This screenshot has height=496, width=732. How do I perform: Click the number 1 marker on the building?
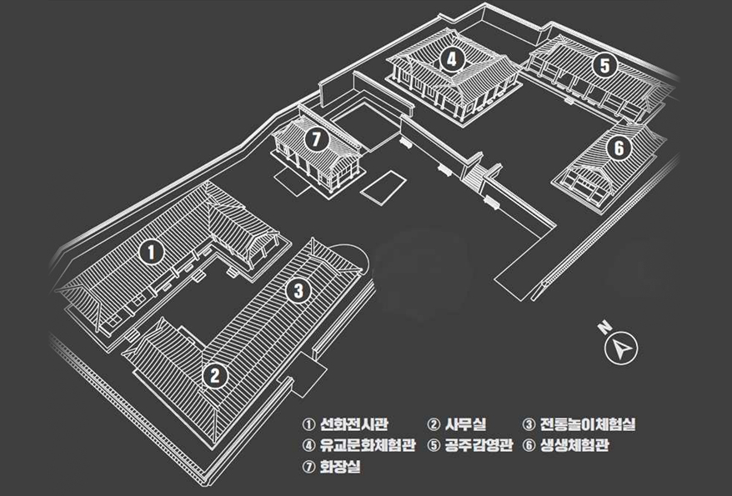tap(150, 250)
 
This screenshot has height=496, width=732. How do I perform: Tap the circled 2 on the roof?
tap(214, 375)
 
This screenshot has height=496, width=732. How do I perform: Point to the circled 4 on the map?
tap(451, 58)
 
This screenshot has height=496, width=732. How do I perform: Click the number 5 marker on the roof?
tap(605, 64)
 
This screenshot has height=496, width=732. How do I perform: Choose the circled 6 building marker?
tap(617, 148)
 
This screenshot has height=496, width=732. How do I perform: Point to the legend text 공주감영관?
tap(479, 445)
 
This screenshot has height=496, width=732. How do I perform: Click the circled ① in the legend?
tap(308, 425)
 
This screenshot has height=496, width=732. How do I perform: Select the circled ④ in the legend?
tap(308, 445)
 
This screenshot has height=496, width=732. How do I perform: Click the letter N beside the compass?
tap(604, 328)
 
